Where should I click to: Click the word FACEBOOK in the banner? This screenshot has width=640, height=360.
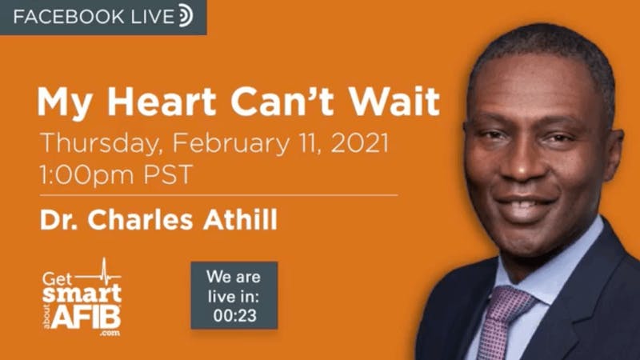(69, 17)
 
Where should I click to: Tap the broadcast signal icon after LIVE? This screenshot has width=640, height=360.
(187, 15)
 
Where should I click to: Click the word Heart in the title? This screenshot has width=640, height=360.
(162, 102)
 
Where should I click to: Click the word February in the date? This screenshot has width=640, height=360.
(230, 144)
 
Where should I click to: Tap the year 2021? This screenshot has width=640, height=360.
(359, 143)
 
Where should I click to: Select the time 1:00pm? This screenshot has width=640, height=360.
(87, 175)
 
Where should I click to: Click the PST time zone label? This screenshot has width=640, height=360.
(168, 174)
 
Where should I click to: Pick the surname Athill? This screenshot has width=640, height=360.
(241, 219)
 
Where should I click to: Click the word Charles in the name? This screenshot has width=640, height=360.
(140, 219)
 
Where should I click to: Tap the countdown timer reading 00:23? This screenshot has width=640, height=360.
(234, 315)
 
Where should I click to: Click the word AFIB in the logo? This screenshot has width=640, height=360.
(86, 317)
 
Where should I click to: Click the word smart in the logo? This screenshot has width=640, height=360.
(82, 294)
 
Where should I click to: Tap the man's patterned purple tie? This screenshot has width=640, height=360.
(503, 322)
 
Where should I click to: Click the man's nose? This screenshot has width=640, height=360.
(522, 163)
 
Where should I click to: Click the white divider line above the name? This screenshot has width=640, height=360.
(218, 195)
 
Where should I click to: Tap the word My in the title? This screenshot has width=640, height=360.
(65, 103)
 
